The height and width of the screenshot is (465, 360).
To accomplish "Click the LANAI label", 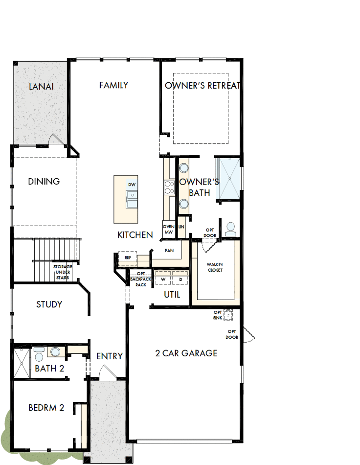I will coord(41,87).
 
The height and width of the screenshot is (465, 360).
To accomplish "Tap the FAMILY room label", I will coord(113,85).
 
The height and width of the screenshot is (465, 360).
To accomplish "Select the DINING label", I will coord(44,182).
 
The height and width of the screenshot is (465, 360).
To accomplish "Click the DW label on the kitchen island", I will coord(131,185).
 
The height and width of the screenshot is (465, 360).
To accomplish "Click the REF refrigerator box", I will coord(128,257).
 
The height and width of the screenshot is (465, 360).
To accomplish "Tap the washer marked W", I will coord(163,279).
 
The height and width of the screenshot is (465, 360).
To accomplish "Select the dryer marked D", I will coord(180,279).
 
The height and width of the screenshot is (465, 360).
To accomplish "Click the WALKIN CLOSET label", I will coord(215,267).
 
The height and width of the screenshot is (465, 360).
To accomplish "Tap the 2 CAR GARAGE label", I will coord(186,353).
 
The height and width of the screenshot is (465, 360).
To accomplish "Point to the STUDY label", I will coord(49,304).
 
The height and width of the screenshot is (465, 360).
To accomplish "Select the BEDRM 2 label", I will coord(46,407).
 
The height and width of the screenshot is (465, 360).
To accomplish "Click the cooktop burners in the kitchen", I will coord(168,187).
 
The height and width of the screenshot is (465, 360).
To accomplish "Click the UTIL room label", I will coord(172,295).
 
